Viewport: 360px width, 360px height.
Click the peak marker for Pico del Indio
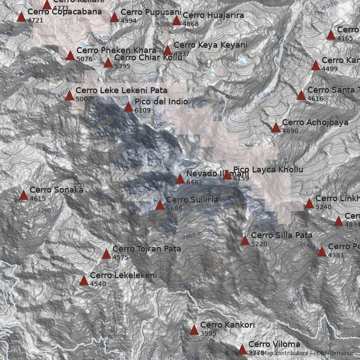[x=128, y=107]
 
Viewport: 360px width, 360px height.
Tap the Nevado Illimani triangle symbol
[x=180, y=179]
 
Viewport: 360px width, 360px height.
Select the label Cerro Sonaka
[x=56, y=190]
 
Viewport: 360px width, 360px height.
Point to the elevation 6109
[x=142, y=110]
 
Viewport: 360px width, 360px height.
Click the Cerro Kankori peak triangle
[x=194, y=330]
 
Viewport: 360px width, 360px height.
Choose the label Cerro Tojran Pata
[x=147, y=248]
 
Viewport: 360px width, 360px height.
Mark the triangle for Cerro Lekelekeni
[x=84, y=281]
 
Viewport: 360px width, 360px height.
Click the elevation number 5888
[x=174, y=208]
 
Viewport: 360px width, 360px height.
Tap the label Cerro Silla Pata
[x=282, y=235]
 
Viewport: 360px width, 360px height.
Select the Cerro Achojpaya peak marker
[x=276, y=128]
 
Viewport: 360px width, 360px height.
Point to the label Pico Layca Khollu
[x=268, y=170]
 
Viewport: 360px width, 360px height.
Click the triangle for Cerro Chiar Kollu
[x=108, y=63]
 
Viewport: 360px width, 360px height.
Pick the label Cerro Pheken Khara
[x=116, y=50]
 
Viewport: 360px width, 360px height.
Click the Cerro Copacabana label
[x=65, y=12]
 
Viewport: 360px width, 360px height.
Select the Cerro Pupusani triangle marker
[x=114, y=18]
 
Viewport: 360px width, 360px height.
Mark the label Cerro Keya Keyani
[x=211, y=45]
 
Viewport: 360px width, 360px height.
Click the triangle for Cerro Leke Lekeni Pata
[x=69, y=95]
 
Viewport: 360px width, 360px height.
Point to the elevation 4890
[x=290, y=131]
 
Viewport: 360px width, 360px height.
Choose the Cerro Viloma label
[x=274, y=344]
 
